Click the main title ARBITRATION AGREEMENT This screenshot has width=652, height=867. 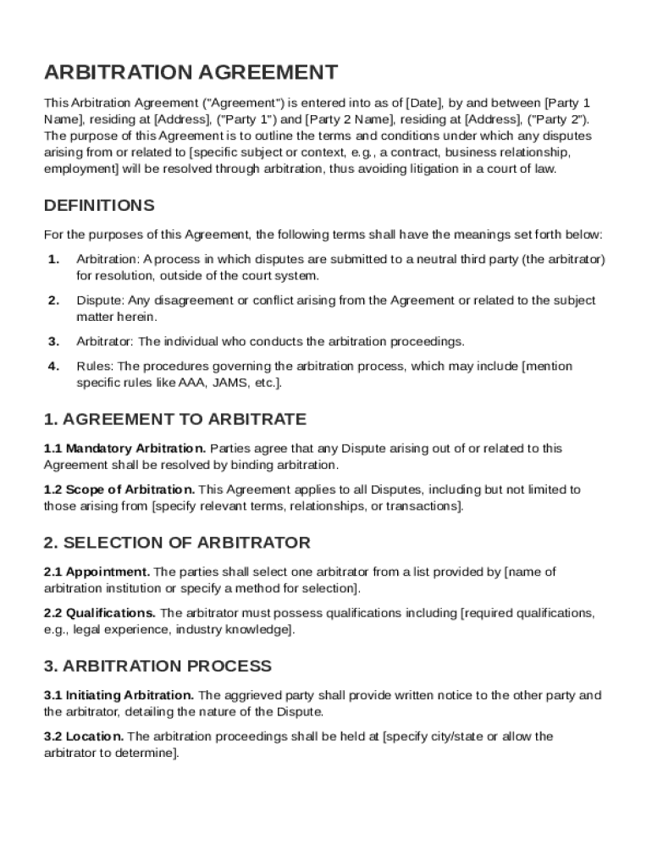[x=191, y=73]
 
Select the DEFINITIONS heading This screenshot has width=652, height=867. [x=99, y=206]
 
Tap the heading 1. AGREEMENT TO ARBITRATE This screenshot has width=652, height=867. [x=175, y=419]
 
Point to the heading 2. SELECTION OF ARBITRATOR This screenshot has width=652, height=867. [x=177, y=543]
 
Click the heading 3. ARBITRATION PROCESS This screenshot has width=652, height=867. [x=157, y=666]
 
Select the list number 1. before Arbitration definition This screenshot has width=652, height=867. [x=54, y=259]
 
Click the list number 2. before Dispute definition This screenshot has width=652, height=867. [x=54, y=301]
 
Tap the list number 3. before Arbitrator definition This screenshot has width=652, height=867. [x=54, y=342]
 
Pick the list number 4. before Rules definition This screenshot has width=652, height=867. [x=54, y=367]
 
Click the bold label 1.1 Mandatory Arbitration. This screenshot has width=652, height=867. [x=124, y=449]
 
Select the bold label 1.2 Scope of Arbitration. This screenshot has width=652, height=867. [x=119, y=489]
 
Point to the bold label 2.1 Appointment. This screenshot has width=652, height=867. [x=97, y=572]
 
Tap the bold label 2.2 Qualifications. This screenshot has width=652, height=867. [x=100, y=613]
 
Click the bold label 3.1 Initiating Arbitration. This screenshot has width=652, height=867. [x=119, y=696]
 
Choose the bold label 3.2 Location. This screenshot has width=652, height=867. [x=84, y=737]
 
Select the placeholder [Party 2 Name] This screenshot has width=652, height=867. [x=342, y=119]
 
